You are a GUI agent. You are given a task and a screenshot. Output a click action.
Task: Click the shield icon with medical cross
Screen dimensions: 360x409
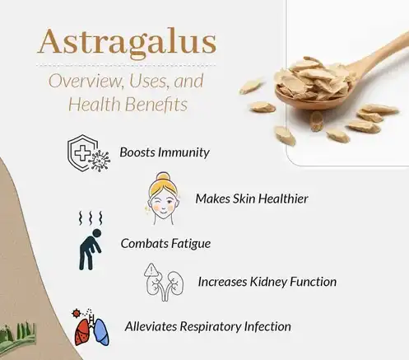coord(81,151)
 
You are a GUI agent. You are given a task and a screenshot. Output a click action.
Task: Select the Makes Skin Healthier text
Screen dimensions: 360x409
coord(251,199)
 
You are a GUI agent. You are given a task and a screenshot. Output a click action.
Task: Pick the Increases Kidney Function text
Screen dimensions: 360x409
coord(267,282)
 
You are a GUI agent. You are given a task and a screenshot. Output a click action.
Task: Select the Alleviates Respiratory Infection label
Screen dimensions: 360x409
coord(207,326)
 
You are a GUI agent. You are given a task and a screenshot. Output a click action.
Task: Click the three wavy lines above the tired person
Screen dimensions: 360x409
coord(88,219)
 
